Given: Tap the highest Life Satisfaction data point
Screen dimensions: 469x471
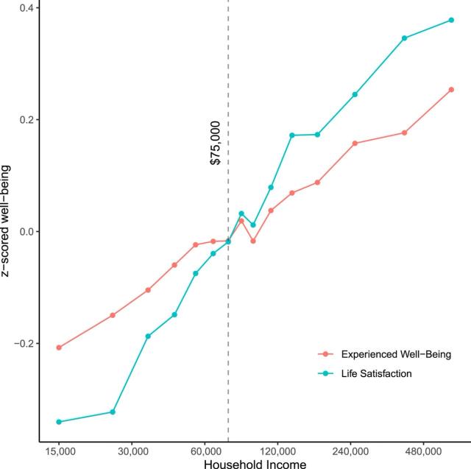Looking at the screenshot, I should click(451, 20).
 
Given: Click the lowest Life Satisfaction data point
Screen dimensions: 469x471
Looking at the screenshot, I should click(59, 422).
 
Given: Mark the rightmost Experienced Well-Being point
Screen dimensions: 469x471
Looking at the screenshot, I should click(451, 90).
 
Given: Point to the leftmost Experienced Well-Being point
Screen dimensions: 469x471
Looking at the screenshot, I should click(59, 348).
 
